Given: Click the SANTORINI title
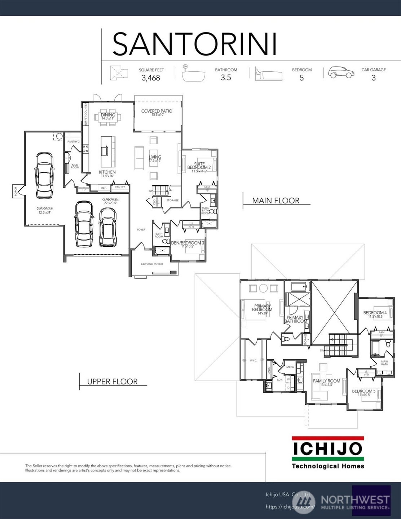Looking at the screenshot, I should click(195, 44).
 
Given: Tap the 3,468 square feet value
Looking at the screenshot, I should click(151, 78).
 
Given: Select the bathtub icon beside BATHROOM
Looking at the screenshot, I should click(193, 74).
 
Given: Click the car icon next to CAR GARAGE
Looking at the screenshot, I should click(341, 72).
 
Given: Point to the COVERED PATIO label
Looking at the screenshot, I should click(157, 111).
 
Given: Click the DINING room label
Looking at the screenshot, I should click(108, 115).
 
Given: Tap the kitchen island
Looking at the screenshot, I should click(105, 146).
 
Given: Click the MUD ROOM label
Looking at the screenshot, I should click(75, 166).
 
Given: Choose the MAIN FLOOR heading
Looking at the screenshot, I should click(276, 201).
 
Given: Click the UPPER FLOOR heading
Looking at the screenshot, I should click(113, 382).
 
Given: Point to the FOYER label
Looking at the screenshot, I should click(141, 230).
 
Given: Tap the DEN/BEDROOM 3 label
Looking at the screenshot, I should click(188, 243).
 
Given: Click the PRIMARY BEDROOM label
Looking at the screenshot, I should click(262, 308).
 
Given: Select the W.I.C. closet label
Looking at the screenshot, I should click(254, 360).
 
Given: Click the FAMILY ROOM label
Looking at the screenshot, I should click(326, 381).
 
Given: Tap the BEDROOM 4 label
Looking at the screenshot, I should click(375, 313).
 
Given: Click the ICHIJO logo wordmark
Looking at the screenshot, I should click(327, 449).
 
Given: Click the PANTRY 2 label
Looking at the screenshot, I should click(74, 141).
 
